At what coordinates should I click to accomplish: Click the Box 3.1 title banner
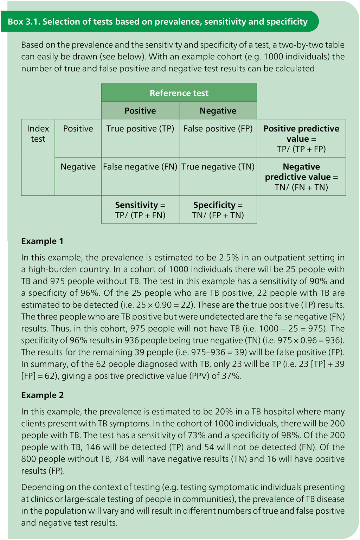tap(158, 22)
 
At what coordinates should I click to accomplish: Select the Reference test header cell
tap(179, 93)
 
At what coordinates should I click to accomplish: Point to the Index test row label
tap(38, 134)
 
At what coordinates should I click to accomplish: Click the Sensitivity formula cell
tap(140, 210)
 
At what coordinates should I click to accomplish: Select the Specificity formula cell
tap(218, 210)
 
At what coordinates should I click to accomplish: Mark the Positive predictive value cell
tap(301, 139)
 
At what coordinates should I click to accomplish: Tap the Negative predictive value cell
tap(301, 176)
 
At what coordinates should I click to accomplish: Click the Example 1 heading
tap(42, 241)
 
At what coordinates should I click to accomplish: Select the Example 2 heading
tap(42, 395)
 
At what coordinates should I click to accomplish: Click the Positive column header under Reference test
tap(140, 111)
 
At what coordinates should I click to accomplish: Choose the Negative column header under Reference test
tap(218, 111)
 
